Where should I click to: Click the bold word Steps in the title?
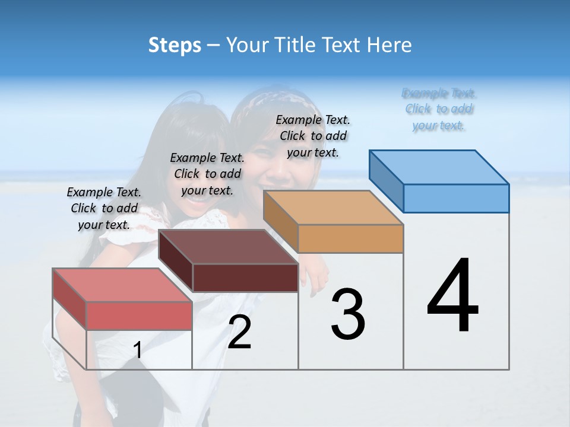(175, 45)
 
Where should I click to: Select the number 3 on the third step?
(348, 314)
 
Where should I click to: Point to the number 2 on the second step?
(239, 332)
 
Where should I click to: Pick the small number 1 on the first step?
(138, 350)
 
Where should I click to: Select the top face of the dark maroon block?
(228, 247)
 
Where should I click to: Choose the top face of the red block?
(122, 285)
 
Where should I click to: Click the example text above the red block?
(104, 208)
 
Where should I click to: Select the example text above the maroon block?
(207, 174)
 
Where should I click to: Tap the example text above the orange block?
(313, 136)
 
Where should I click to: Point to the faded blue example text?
(439, 109)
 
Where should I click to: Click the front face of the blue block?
(456, 198)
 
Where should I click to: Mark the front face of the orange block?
(350, 238)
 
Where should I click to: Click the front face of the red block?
(139, 315)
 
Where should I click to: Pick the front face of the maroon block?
(245, 277)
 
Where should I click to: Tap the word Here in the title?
(389, 45)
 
